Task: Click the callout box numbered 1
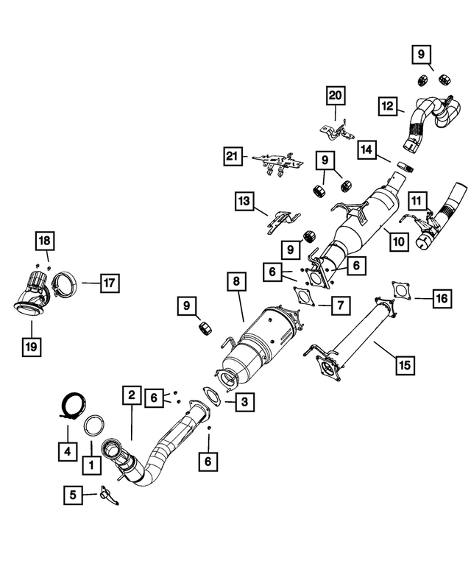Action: (x=91, y=465)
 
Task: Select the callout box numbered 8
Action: (x=235, y=281)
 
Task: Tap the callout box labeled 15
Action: (x=405, y=364)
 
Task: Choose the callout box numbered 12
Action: (x=388, y=106)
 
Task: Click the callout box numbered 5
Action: (x=73, y=495)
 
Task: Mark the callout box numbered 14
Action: (x=369, y=149)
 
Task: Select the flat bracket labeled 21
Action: (x=277, y=162)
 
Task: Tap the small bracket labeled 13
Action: (x=280, y=219)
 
